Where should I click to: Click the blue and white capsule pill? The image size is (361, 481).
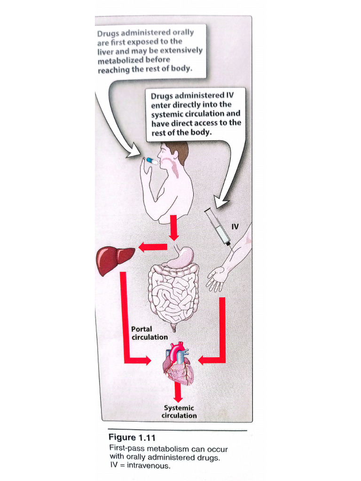(x=153, y=161)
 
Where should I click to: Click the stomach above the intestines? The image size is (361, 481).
(x=182, y=257)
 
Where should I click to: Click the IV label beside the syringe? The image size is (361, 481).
(x=235, y=227)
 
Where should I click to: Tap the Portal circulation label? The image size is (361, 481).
(x=149, y=333)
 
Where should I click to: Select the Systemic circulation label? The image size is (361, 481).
(x=179, y=411)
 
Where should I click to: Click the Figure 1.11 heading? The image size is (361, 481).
(x=132, y=437)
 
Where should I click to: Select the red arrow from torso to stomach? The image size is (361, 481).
(x=174, y=228)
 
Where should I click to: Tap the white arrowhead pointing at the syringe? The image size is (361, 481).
(x=221, y=202)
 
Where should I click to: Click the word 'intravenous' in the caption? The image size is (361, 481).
(x=148, y=465)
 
